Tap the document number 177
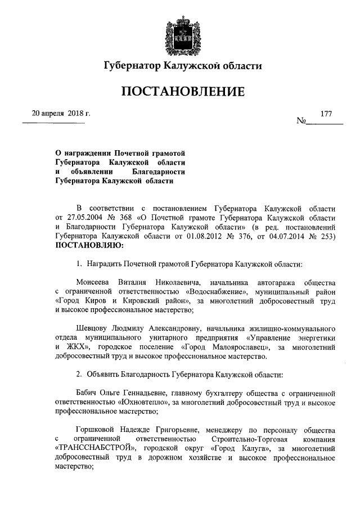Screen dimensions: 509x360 click(x=327, y=113)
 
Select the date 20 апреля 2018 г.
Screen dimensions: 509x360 click(x=61, y=113)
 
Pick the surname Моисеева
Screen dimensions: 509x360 click(x=94, y=281)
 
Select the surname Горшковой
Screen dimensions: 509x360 click(x=97, y=427)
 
